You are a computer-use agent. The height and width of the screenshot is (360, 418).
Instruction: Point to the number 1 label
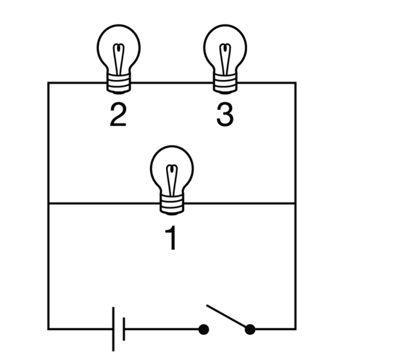(x=171, y=238)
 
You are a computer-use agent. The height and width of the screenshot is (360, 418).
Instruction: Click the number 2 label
(x=118, y=116)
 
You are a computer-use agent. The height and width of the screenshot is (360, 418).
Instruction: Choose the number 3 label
(x=225, y=116)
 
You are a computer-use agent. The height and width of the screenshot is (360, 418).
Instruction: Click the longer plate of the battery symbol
(x=113, y=328)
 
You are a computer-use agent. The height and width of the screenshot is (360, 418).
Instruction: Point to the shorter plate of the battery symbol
(x=124, y=328)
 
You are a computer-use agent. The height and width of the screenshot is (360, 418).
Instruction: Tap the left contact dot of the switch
(x=204, y=329)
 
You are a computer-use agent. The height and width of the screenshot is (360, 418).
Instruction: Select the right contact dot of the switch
(x=250, y=329)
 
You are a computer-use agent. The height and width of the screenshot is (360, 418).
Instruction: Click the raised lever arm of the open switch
(x=227, y=316)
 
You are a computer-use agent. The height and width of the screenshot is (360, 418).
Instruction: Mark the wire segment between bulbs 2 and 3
(x=172, y=82)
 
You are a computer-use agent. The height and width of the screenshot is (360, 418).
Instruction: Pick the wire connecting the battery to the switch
(x=161, y=329)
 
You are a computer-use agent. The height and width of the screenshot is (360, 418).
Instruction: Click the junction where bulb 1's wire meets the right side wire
(x=295, y=204)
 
